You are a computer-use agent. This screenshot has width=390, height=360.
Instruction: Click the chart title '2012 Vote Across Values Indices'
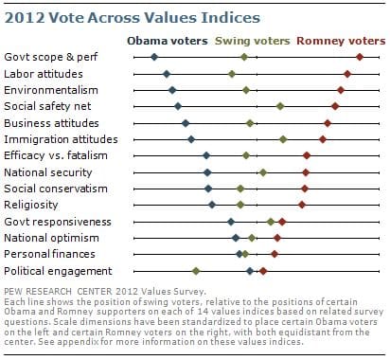click(x=133, y=17)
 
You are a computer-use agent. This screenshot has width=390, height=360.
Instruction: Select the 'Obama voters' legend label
click(x=168, y=41)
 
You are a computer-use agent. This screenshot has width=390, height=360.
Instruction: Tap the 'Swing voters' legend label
click(x=252, y=41)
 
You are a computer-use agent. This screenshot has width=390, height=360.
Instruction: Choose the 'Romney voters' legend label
click(x=341, y=41)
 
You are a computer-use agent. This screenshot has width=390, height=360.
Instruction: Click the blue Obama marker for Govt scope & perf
click(x=154, y=57)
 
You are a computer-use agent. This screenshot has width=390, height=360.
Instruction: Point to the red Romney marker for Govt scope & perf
click(x=360, y=57)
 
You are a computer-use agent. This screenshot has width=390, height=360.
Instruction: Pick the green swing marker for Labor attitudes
click(x=232, y=74)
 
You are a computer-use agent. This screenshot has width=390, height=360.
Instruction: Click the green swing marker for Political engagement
click(x=196, y=271)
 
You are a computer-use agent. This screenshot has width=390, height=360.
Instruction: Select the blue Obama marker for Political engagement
click(x=250, y=271)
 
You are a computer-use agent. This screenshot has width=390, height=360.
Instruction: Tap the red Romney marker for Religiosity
click(x=302, y=205)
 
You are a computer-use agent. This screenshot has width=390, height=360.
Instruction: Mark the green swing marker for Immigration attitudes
click(x=283, y=139)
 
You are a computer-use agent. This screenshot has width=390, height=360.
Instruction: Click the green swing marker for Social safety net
click(x=280, y=106)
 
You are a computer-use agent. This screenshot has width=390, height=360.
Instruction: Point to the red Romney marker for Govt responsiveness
click(x=282, y=222)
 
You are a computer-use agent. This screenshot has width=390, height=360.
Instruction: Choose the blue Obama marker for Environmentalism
click(x=172, y=90)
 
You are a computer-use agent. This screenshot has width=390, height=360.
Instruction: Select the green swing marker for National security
click(x=263, y=172)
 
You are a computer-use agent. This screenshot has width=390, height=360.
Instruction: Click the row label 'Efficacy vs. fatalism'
click(x=56, y=155)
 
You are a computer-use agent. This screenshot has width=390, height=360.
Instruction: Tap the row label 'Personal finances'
click(x=49, y=254)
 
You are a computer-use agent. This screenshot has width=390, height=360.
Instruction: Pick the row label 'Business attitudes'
click(x=51, y=123)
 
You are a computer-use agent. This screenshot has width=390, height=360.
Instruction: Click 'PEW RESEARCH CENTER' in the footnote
click(x=58, y=292)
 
